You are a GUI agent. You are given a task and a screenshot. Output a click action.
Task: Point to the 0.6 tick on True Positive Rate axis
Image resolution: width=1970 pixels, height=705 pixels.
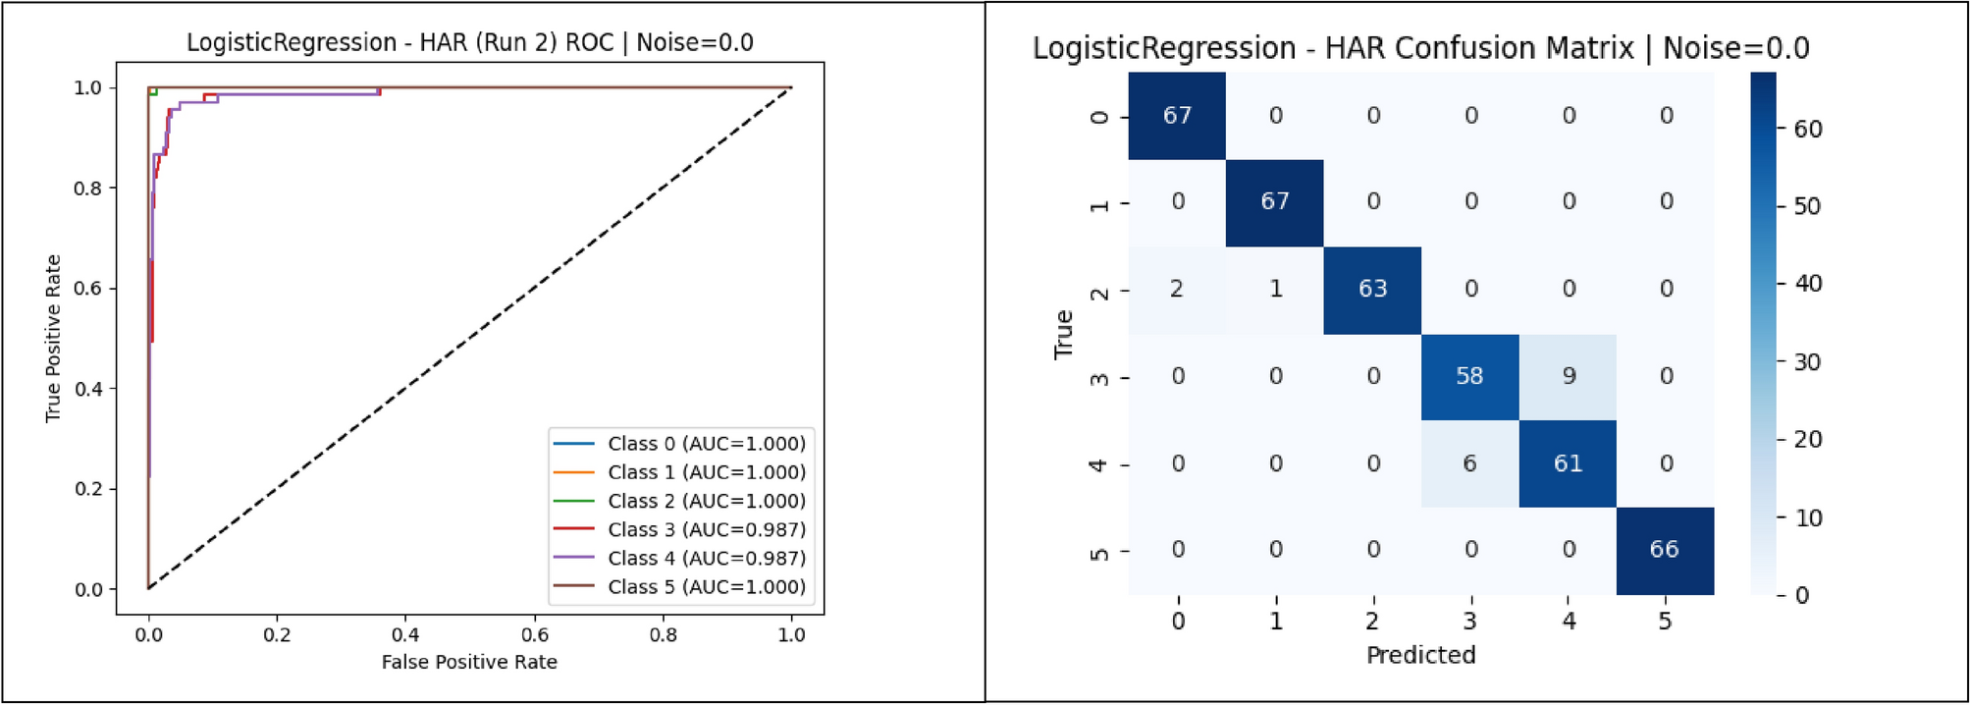88,289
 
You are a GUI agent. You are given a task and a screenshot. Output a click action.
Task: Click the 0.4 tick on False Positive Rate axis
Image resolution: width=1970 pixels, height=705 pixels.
405,635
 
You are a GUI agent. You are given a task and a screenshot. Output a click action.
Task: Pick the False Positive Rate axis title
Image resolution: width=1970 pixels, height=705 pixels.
469,663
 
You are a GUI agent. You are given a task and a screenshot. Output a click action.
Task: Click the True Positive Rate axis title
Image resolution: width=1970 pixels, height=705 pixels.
53,339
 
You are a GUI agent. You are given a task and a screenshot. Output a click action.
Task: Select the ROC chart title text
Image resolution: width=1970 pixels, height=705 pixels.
469,43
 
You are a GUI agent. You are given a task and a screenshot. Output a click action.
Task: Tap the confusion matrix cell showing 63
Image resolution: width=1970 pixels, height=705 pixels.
1372,289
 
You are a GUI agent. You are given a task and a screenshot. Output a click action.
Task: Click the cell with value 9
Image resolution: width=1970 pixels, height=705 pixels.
1569,376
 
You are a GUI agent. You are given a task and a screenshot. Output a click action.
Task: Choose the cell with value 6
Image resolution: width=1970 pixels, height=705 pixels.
1469,463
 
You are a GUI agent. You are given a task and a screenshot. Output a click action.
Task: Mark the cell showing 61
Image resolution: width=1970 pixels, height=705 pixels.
1568,463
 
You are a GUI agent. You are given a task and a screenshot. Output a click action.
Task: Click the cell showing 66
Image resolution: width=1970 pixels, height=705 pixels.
1665,550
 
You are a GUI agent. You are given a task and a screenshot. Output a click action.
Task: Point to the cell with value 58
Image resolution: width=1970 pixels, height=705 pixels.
1469,376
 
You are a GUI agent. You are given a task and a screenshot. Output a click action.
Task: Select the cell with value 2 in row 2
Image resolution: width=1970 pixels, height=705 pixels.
1177,289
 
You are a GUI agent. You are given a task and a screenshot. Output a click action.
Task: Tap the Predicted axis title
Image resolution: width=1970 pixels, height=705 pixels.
1420,655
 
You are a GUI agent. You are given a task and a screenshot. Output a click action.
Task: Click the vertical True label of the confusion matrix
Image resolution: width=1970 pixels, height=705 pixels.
1063,334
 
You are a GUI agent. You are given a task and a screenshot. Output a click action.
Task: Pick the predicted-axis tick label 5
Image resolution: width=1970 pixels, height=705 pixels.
1665,622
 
